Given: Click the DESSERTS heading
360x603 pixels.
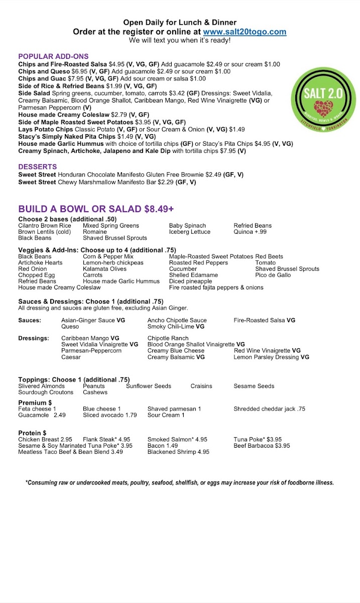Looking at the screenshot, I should tap(38, 167).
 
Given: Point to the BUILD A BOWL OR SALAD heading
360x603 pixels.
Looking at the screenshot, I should tap(96, 209).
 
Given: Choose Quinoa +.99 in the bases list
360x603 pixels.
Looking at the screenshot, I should tap(250, 232).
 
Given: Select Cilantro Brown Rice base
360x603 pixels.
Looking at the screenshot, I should tap(45, 226).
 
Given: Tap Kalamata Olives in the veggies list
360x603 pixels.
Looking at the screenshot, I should tap(105, 269).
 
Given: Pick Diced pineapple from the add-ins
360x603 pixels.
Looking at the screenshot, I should tap(190, 281).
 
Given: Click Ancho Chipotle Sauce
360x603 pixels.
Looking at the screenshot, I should tap(177, 320).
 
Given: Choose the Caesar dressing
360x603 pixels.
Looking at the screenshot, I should tap(71, 357).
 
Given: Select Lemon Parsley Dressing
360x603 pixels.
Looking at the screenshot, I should tap(271, 357).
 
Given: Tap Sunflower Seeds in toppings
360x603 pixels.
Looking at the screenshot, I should tap(149, 386).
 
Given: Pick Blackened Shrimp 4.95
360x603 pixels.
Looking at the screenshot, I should tap(178, 452).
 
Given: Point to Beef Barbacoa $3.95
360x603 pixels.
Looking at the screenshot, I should tap(262, 446).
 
